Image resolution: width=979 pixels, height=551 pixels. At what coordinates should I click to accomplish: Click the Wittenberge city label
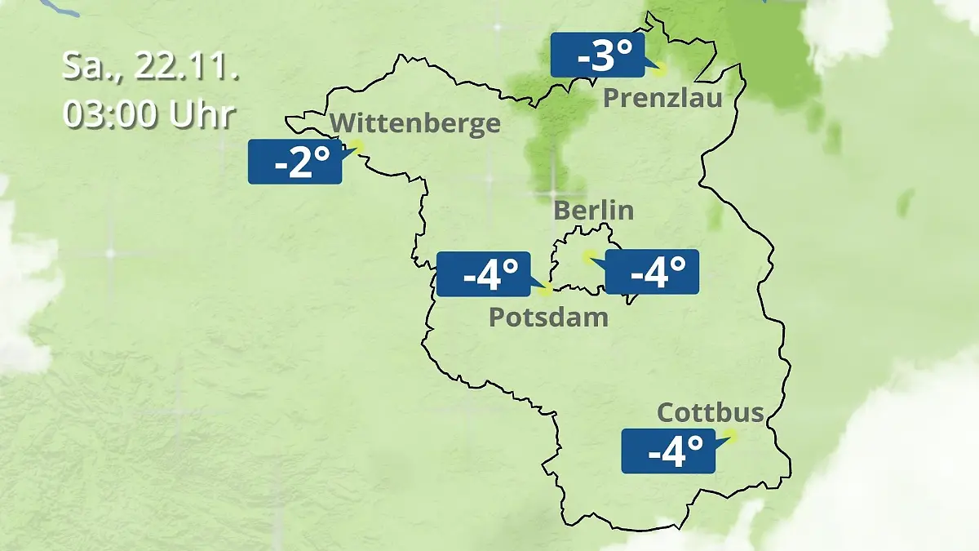[415, 123]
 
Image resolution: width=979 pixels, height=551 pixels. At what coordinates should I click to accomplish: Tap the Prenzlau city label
[662, 99]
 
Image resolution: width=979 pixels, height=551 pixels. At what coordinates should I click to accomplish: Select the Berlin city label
[593, 210]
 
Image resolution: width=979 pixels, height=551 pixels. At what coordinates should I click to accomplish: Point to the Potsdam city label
[548, 317]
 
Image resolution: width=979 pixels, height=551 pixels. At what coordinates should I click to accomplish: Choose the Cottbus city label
[710, 412]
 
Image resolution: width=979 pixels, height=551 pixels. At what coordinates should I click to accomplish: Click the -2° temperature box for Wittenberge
[295, 162]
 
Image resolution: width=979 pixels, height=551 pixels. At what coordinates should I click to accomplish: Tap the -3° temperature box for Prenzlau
[597, 56]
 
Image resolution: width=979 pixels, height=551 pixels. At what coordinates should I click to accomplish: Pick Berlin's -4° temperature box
[652, 272]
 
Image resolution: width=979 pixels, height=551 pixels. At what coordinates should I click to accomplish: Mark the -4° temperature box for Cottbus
[668, 451]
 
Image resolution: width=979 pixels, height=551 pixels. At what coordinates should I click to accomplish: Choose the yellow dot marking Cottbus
[730, 436]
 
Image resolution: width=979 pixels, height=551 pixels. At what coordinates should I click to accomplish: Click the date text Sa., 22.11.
[151, 67]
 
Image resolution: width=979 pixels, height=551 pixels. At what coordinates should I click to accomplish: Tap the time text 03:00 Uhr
[149, 115]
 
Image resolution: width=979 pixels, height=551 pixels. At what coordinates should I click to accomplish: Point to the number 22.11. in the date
[187, 67]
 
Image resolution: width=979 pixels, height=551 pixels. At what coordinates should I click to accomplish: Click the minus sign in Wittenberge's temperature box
[280, 166]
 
